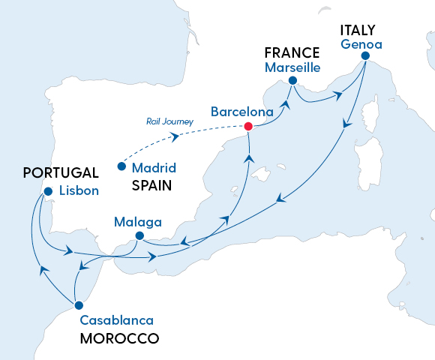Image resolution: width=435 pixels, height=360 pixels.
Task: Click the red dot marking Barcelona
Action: (x=248, y=126)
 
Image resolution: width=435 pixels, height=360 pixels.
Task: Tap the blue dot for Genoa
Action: (x=365, y=56)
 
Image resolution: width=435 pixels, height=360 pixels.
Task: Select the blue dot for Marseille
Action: (x=292, y=80)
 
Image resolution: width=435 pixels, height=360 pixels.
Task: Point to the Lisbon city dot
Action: (x=48, y=191)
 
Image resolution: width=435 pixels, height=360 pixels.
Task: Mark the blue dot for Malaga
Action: (x=139, y=235)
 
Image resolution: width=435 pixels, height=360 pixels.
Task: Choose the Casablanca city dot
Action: (x=77, y=305)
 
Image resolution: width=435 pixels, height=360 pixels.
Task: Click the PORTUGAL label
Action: (x=49, y=172)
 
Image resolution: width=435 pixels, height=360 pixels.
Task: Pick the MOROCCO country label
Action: (x=119, y=339)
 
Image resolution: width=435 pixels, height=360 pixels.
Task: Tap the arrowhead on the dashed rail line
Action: (x=174, y=137)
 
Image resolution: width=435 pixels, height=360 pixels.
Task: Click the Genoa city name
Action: (x=361, y=44)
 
